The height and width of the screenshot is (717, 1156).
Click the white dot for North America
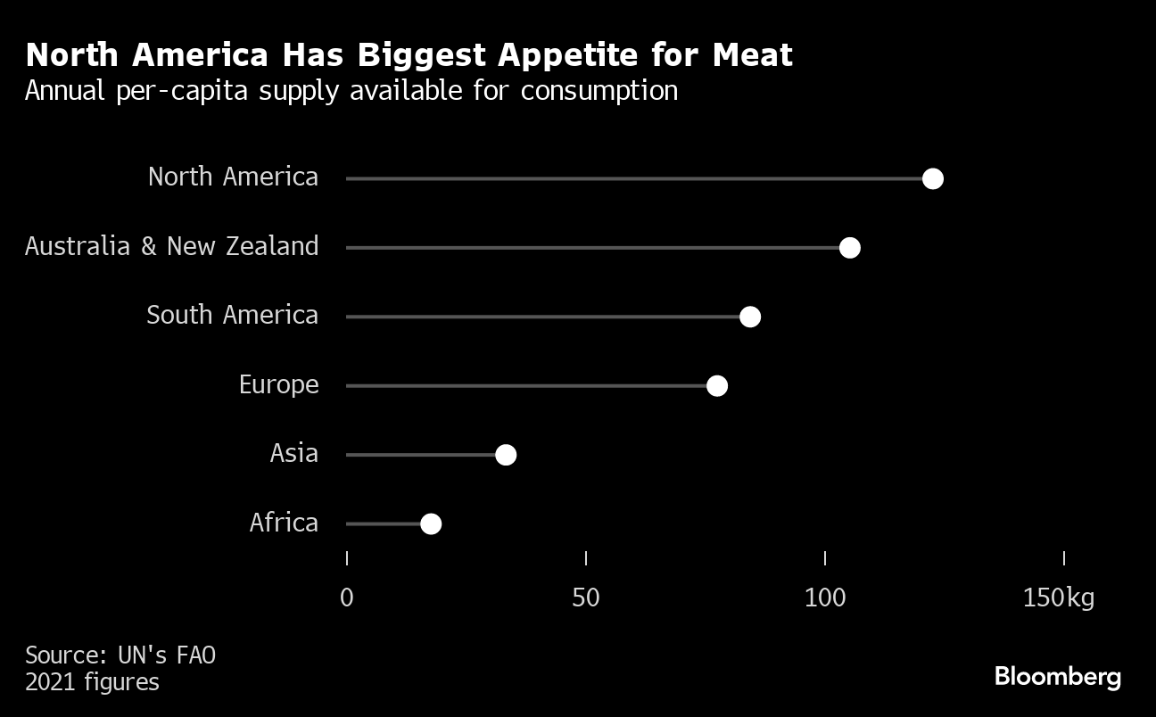pyautogui.click(x=932, y=178)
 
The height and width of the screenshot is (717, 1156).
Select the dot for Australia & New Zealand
pyautogui.click(x=849, y=247)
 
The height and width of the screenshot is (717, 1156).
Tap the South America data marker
pyautogui.click(x=749, y=317)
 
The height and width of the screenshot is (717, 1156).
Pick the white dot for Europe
pyautogui.click(x=716, y=385)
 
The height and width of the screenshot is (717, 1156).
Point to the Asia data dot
pyautogui.click(x=505, y=455)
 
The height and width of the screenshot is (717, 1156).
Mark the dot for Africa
pyautogui.click(x=430, y=523)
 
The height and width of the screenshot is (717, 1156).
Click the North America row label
pyautogui.click(x=233, y=177)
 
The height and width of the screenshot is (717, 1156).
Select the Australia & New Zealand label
pyautogui.click(x=171, y=246)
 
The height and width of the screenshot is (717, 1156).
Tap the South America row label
pyautogui.click(x=232, y=315)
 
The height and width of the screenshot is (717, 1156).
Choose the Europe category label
pyautogui.click(x=278, y=384)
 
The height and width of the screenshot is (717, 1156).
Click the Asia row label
pyautogui.click(x=293, y=453)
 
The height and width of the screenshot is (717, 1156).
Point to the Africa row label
pyautogui.click(x=284, y=523)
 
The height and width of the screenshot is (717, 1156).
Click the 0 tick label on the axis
pyautogui.click(x=347, y=597)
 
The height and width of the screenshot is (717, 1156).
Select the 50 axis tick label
pyautogui.click(x=586, y=597)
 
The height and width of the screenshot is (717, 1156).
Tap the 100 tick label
pyautogui.click(x=825, y=597)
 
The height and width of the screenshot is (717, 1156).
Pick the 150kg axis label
pyautogui.click(x=1058, y=597)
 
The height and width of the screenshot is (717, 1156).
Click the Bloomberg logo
pyautogui.click(x=1057, y=676)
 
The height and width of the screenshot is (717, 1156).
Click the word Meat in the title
pyautogui.click(x=752, y=55)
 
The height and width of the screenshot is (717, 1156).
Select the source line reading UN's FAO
pyautogui.click(x=120, y=655)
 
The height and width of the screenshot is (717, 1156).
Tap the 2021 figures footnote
pyautogui.click(x=92, y=683)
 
